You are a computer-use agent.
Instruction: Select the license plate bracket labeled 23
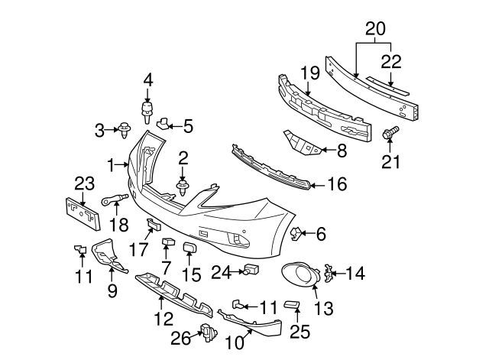81,212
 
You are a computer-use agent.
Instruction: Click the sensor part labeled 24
250,270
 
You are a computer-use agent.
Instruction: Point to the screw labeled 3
123,131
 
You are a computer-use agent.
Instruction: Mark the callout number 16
337,184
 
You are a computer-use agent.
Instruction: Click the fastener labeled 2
183,185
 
